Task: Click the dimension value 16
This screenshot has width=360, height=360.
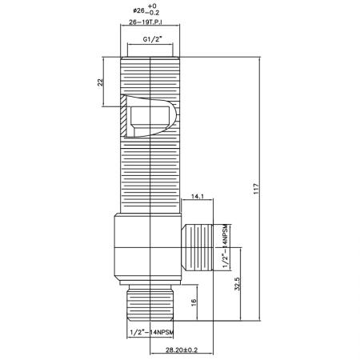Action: point(194,302)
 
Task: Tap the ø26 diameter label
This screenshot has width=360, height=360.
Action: point(139,11)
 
